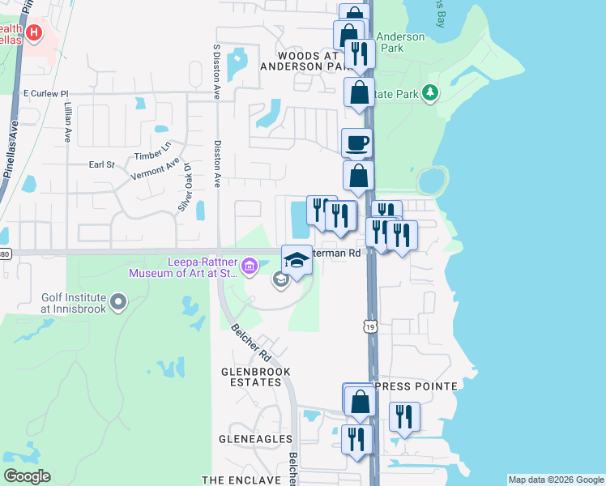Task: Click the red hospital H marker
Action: coord(33,32)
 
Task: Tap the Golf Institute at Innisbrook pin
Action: coord(119,303)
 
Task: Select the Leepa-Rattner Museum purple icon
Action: coord(250,266)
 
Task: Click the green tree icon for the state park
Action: coord(430,94)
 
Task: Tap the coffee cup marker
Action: coord(356,143)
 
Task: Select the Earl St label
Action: coord(101,164)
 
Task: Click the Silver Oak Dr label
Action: coord(185,190)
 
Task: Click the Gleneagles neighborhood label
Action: coord(255,439)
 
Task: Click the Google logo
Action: coord(27,476)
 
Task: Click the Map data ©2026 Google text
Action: coord(555,480)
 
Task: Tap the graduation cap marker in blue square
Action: coord(297,260)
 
